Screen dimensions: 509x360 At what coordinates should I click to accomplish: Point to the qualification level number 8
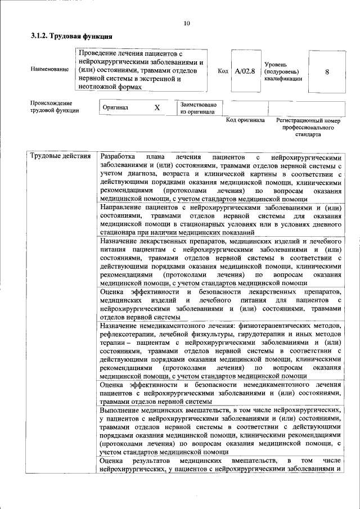tap(327, 71)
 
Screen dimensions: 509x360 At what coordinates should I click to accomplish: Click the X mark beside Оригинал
tap(157, 107)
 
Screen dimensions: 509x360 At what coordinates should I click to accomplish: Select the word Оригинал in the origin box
tap(116, 107)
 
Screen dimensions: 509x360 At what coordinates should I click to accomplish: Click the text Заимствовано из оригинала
tap(199, 108)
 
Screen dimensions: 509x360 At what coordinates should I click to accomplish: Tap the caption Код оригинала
tap(245, 120)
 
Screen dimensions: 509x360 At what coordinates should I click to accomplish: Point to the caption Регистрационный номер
tap(308, 120)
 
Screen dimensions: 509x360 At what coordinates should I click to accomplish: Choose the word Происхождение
tap(52, 103)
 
